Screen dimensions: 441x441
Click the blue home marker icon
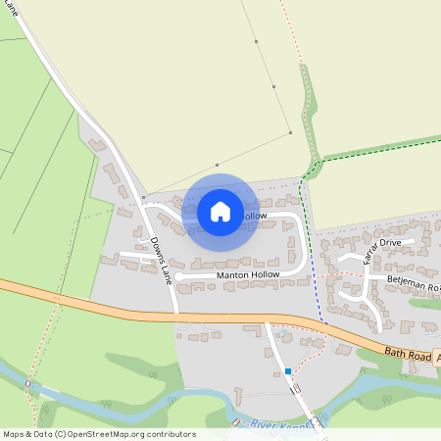pos(220,212)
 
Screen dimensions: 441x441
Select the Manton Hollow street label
pos(247,275)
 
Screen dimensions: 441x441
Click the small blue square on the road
pos(288,371)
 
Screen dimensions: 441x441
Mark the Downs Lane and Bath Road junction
pos(177,315)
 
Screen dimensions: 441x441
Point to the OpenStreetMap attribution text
pos(98,433)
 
